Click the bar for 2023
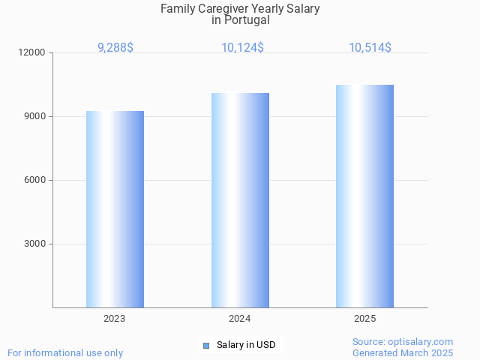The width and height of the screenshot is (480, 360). pos(115,209)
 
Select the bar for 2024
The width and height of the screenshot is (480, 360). pos(240,200)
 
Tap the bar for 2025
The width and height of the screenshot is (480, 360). pos(364,196)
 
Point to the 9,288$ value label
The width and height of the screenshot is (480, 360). pos(115,47)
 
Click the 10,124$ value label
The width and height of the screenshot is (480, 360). pos(241,47)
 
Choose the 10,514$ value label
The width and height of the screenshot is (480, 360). pos(369,47)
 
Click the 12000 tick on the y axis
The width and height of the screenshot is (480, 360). pos(33,53)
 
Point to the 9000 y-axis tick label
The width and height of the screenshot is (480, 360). pos(35,117)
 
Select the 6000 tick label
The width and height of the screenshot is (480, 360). pos(35,181)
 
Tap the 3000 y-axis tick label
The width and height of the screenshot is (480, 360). pos(35,244)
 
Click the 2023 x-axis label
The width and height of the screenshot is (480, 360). pos(115,319)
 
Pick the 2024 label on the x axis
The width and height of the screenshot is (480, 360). pos(240,319)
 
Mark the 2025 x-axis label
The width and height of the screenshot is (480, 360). pos(364,319)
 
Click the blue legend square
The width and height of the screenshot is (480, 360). pos(206,345)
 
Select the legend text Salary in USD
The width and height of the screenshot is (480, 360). pos(246,345)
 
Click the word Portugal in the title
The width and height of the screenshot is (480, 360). pos(247,20)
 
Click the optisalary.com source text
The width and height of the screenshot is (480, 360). pos(403,342)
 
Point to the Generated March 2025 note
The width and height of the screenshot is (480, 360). pos(403,352)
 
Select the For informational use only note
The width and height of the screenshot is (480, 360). pos(65,352)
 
